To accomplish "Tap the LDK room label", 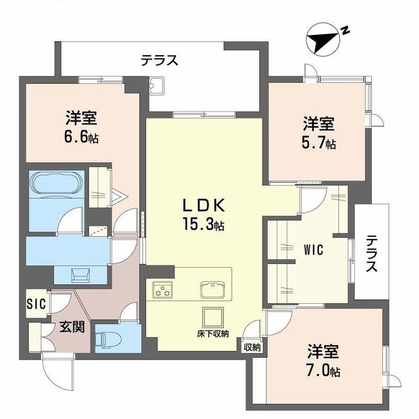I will [203, 205].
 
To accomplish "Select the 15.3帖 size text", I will [204, 225].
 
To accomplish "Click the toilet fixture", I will [106, 339].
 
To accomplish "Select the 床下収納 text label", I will [213, 335].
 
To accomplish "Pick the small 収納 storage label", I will [252, 347].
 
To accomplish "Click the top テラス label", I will [159, 60].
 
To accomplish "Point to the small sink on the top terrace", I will [158, 86].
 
